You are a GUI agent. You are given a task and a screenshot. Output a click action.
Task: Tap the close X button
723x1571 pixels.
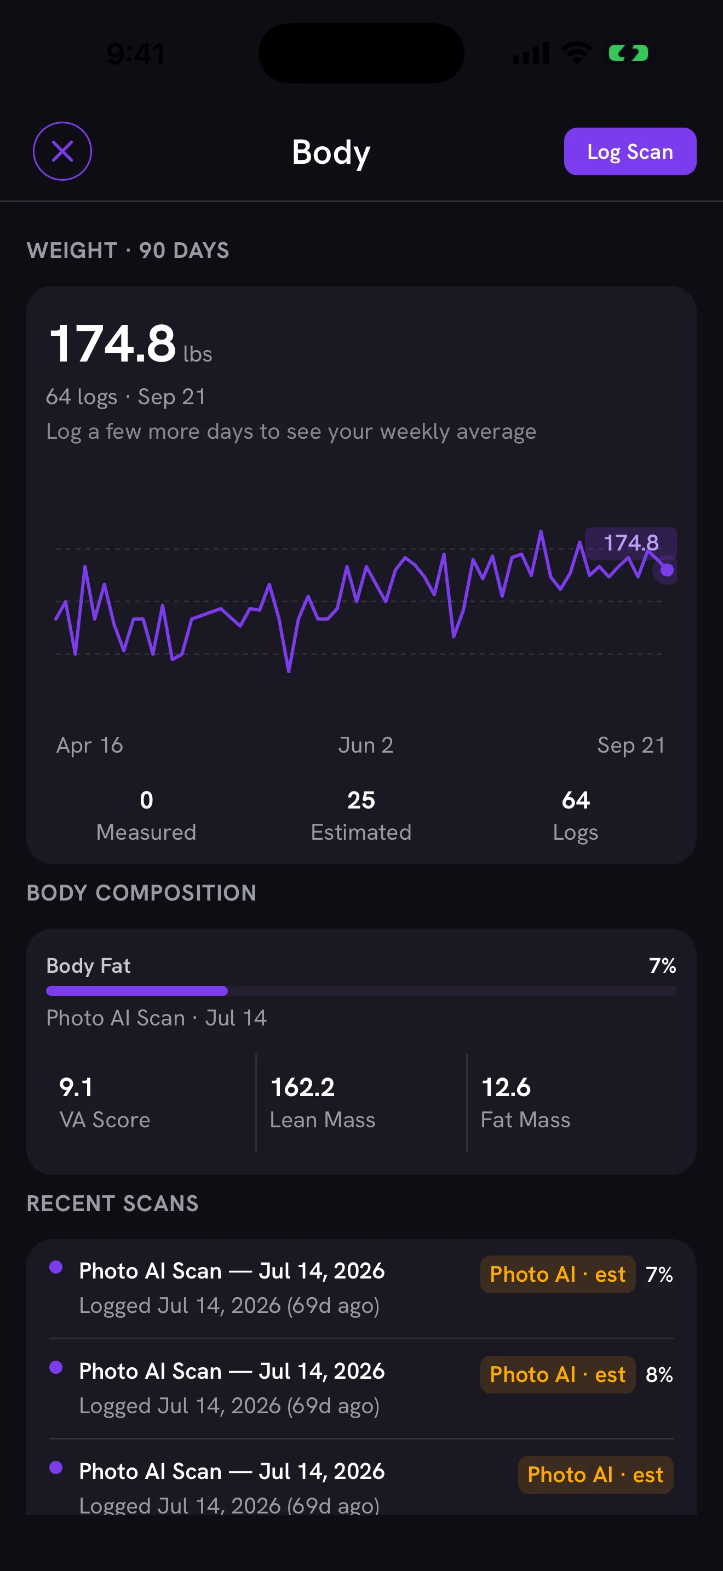tap(62, 151)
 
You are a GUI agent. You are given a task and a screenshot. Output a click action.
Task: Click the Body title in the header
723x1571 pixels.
tap(331, 152)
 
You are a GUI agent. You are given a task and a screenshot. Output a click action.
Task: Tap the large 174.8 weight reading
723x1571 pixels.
tap(113, 343)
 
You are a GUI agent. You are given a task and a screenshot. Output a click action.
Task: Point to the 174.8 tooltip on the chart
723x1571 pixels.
tap(630, 542)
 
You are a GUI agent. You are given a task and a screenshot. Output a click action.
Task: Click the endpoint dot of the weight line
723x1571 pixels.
tap(667, 570)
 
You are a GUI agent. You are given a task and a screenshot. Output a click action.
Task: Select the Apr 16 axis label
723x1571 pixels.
tap(90, 746)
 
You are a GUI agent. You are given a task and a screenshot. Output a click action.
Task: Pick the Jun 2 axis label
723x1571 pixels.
tap(366, 746)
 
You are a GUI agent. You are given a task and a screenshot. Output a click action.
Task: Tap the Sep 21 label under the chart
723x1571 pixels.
tap(631, 746)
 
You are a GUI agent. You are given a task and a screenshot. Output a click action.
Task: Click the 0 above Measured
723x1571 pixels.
tap(146, 800)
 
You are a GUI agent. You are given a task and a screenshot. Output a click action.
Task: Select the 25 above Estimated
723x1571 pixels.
tap(361, 800)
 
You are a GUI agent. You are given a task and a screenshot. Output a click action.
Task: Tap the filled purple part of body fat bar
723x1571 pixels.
tap(137, 991)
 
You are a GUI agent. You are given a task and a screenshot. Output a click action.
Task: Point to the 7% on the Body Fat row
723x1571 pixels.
tap(663, 965)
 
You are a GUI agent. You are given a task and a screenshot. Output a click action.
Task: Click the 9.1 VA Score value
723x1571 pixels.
tap(76, 1087)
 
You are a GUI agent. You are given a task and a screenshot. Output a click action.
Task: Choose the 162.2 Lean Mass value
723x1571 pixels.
tap(302, 1087)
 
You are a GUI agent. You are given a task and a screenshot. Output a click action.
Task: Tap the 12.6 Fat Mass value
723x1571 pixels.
tap(506, 1087)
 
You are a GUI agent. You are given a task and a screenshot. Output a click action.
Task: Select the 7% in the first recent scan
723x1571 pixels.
tap(659, 1275)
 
